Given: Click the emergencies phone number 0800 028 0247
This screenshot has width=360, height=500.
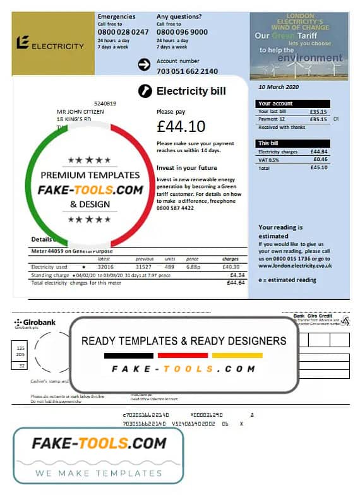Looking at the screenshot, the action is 123,32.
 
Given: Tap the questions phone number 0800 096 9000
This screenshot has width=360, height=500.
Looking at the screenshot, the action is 182,32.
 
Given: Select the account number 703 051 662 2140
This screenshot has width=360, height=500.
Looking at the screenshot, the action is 187,71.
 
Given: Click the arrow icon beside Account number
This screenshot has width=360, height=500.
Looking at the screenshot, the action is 144,64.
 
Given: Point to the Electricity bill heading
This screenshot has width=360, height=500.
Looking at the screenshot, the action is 191,92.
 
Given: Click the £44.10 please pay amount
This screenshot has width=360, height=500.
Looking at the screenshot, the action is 181,126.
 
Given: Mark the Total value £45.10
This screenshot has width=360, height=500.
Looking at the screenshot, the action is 319,168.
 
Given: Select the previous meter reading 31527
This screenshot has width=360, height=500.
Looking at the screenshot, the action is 144,267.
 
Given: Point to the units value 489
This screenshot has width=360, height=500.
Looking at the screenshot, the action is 169,267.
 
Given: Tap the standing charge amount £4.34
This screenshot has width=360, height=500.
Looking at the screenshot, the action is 237,275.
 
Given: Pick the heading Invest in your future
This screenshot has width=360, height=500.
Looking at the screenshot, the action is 187,168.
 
